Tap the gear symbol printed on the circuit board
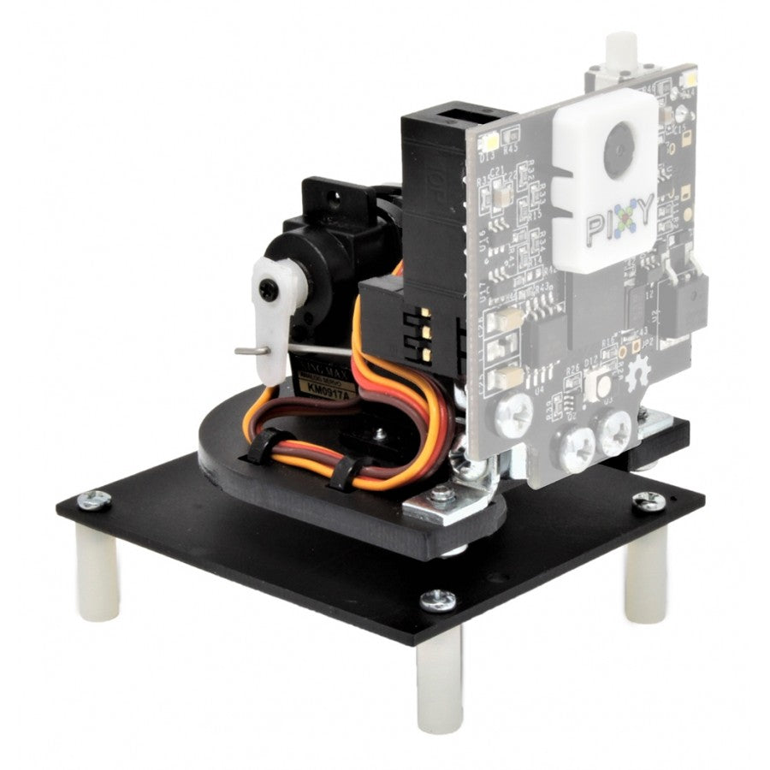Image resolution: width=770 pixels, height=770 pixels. [x=637, y=370]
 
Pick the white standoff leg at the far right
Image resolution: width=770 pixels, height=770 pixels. [x=644, y=574]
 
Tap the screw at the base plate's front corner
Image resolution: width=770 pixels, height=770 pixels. [x=438, y=599]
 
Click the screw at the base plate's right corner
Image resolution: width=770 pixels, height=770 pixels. [x=648, y=501]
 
